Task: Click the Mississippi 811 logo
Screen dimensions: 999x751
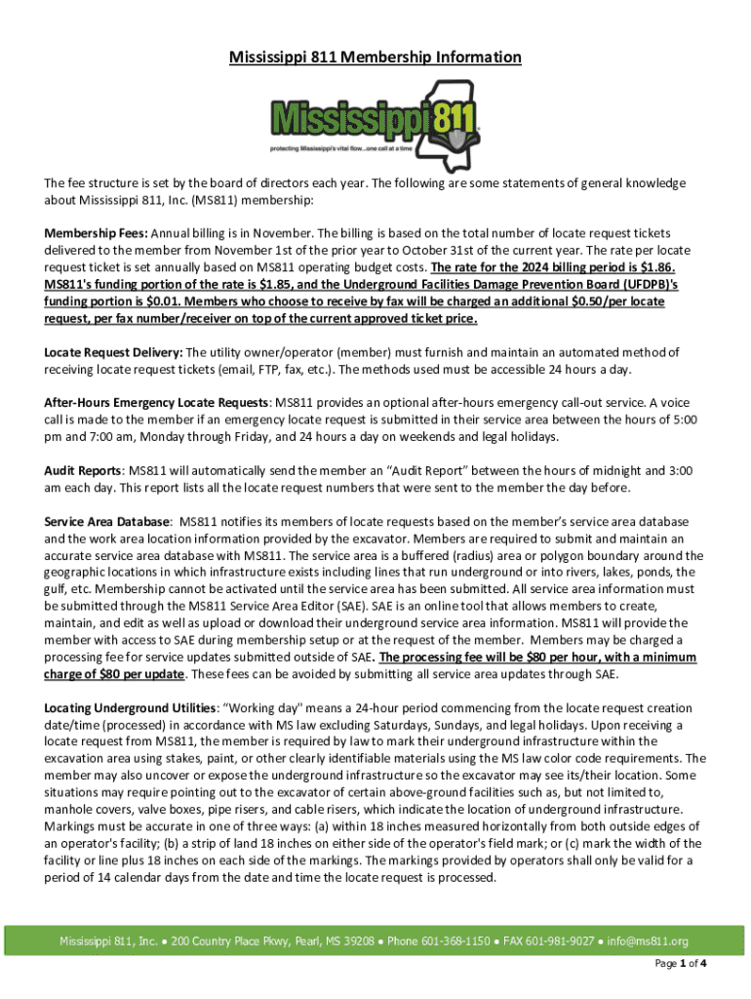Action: click(x=375, y=122)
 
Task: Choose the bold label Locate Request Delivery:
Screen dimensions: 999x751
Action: click(x=114, y=352)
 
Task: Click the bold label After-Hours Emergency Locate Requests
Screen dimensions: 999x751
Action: click(x=157, y=403)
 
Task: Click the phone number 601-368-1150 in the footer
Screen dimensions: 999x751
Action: click(x=456, y=941)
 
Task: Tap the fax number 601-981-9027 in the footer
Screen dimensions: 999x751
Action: click(x=561, y=941)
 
